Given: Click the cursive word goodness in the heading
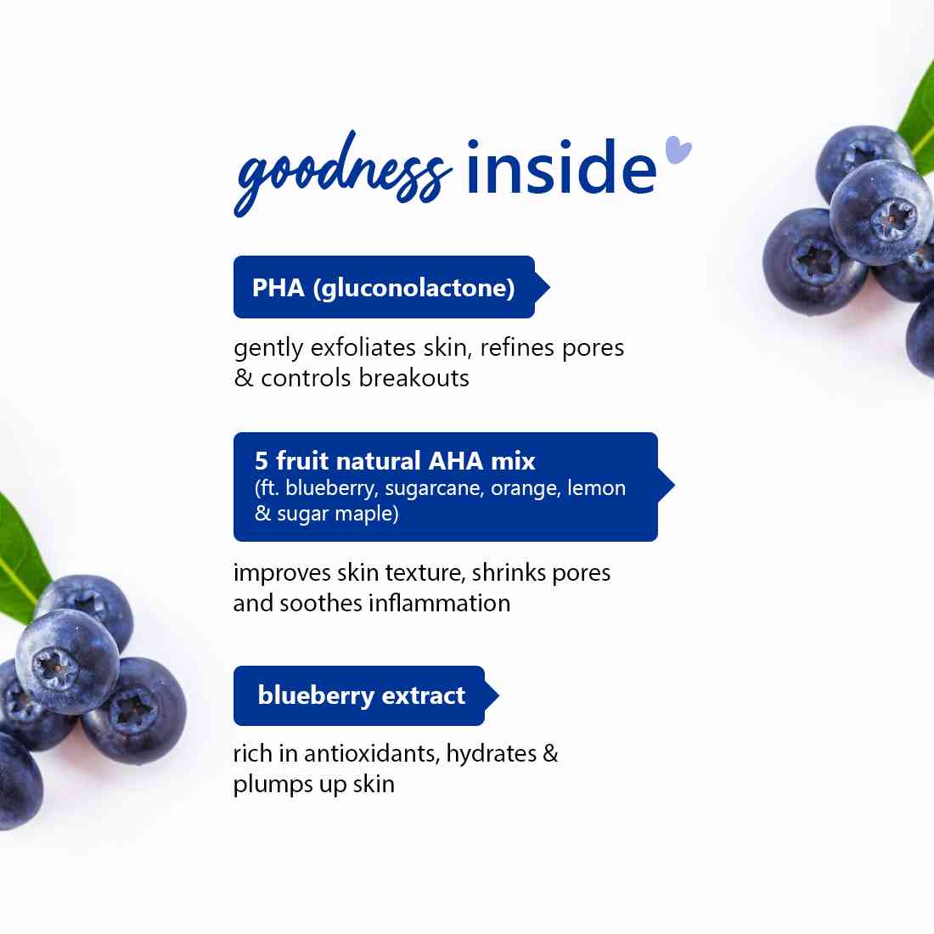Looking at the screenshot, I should pos(340,174).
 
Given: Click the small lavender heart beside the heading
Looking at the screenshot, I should pos(678,149).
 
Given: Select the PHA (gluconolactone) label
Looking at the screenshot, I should pos(384,288).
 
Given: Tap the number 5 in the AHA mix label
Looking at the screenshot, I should pos(262,461).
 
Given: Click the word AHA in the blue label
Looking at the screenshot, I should pos(456,461).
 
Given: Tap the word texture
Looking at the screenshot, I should pos(425,573).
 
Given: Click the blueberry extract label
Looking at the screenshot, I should pos(361,696).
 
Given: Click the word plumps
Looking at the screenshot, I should pos(273,785).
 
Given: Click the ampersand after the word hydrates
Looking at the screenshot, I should pos(550,754).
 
